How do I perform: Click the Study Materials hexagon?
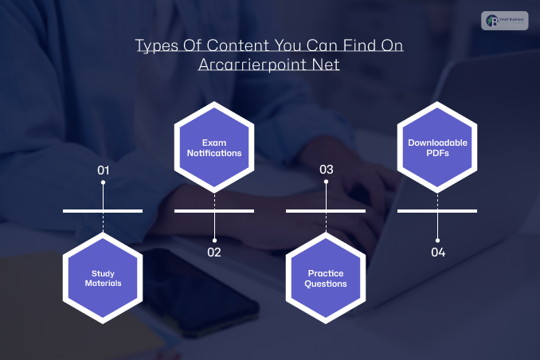click(x=103, y=278)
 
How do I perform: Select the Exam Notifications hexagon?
click(x=214, y=147)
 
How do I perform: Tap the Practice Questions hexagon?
click(x=326, y=278)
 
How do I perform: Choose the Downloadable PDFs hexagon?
click(x=437, y=147)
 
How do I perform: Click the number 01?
click(x=103, y=170)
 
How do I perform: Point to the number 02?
click(x=214, y=252)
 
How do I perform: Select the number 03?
click(x=326, y=170)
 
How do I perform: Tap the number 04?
click(x=437, y=252)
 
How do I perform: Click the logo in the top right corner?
click(x=504, y=21)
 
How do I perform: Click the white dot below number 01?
click(x=103, y=182)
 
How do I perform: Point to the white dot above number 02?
click(x=214, y=240)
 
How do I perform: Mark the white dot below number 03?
click(x=326, y=182)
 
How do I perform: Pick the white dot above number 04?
click(x=437, y=240)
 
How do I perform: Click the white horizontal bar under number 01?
click(x=103, y=211)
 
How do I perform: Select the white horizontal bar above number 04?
click(x=437, y=211)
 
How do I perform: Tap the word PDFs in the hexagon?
click(x=437, y=153)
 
